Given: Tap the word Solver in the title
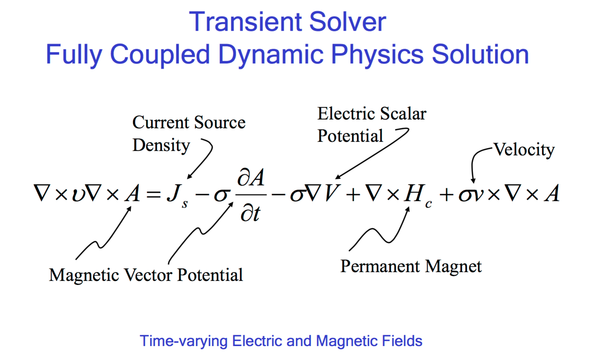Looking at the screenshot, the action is click(x=348, y=22).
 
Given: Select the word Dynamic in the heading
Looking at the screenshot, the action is click(x=271, y=55).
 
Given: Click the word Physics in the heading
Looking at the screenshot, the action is click(x=377, y=55).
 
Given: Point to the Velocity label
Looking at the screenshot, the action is click(x=524, y=150).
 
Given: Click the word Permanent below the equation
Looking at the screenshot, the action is click(x=380, y=267).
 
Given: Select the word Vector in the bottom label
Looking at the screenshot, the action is click(x=148, y=275).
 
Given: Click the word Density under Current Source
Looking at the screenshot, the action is click(x=161, y=146).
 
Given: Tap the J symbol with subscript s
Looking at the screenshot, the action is click(x=177, y=196).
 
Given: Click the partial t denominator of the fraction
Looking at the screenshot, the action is click(x=250, y=214).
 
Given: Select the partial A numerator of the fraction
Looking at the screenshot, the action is click(x=251, y=177).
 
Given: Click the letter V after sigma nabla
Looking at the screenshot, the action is click(x=333, y=193).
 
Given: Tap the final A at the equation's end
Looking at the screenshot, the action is click(x=552, y=193).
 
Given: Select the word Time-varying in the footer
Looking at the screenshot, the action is click(x=184, y=341).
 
